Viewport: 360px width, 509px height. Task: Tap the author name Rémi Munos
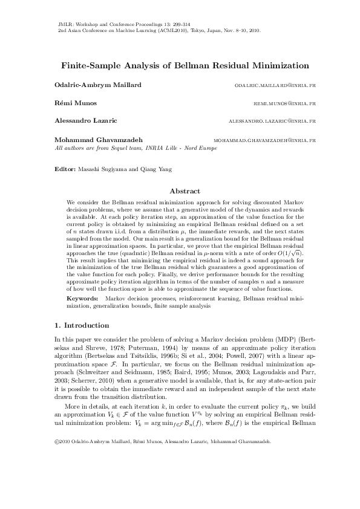pyautogui.click(x=71, y=103)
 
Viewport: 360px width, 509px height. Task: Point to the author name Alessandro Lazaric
pyautogui.click(x=83, y=121)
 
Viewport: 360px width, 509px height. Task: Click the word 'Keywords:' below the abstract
pyautogui.click(x=82, y=299)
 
